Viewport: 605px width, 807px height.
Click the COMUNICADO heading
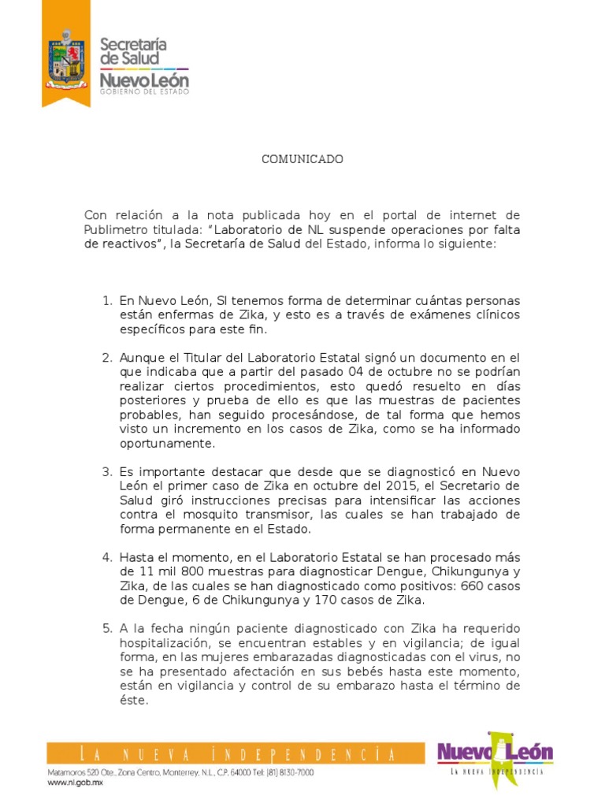[x=302, y=159]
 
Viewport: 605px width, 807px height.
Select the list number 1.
[x=108, y=301]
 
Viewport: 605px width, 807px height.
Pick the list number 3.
[x=108, y=471]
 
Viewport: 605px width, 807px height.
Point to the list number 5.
[x=108, y=629]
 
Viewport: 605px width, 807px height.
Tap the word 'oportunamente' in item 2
[x=166, y=443]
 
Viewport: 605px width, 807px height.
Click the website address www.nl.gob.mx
[x=75, y=783]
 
